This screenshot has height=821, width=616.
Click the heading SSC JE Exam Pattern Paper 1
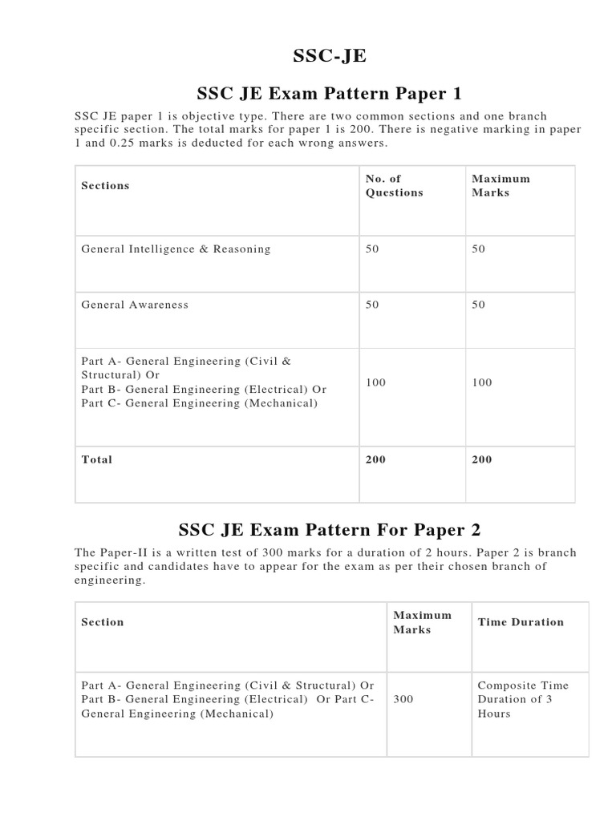324,93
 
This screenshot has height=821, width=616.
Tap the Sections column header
105,185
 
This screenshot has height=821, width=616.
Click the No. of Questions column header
394,185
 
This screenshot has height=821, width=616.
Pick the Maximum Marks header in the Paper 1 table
500,185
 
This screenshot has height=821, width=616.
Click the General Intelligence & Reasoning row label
176,249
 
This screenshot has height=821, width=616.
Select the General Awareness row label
135,305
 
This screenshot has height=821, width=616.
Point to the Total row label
97,459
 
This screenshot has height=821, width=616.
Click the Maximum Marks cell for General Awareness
479,305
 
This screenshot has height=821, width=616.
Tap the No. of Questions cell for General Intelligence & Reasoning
372,249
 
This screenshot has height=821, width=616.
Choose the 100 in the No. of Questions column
375,382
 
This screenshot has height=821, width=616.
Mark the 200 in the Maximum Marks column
482,459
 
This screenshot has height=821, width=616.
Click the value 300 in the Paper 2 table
403,699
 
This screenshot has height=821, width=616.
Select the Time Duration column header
521,621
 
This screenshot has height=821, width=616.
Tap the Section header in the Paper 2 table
103,621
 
